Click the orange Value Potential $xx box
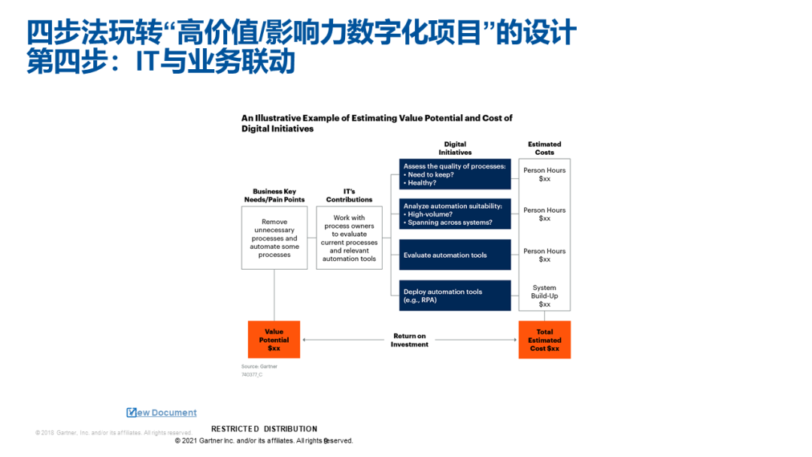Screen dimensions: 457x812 [274, 340]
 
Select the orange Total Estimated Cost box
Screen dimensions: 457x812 [544, 340]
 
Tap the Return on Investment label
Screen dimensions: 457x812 [409, 340]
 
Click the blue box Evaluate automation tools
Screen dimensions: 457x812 [455, 255]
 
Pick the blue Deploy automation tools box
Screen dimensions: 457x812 [455, 295]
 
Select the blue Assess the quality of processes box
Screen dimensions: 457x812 [455, 174]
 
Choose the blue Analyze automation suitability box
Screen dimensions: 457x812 [455, 214]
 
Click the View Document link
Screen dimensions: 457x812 [162, 413]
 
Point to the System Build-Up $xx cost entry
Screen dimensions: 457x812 [544, 295]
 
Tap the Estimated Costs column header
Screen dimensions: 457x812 [544, 148]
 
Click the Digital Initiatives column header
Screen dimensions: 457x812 [455, 148]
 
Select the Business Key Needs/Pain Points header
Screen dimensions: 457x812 [274, 195]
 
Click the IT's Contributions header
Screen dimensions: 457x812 [349, 195]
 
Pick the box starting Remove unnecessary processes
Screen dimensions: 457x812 [274, 238]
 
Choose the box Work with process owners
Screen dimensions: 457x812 [349, 238]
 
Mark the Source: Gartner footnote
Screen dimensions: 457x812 [259, 367]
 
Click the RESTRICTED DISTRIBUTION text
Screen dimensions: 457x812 [264, 429]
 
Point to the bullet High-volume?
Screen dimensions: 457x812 [428, 214]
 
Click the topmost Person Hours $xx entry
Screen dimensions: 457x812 [544, 174]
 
